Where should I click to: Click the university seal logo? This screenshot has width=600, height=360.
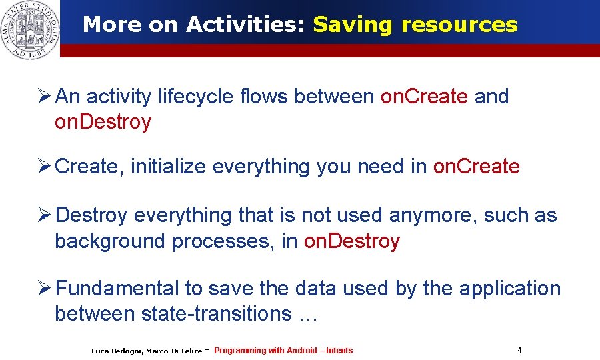(29, 29)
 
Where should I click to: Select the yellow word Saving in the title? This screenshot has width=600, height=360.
(353, 25)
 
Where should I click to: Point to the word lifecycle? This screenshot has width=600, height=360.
(195, 97)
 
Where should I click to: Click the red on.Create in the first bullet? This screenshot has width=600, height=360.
(424, 97)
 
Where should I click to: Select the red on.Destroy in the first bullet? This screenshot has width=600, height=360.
(103, 122)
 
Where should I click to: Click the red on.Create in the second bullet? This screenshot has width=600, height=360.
(476, 167)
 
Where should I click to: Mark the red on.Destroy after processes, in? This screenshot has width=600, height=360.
(351, 241)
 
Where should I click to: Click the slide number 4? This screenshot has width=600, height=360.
(519, 349)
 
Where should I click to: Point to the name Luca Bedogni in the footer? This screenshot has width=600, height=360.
(116, 351)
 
